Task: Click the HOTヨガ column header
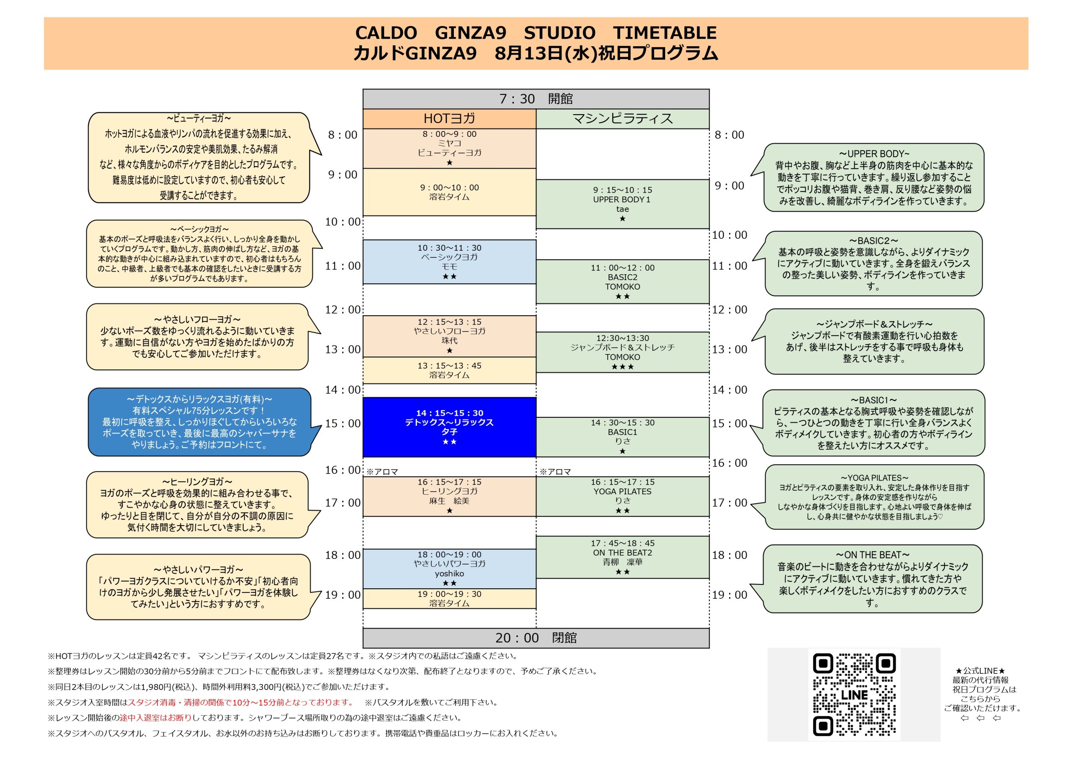[x=449, y=119]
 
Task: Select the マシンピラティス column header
[x=623, y=119]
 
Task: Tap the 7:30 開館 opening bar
[x=536, y=99]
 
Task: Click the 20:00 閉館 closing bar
[x=536, y=638]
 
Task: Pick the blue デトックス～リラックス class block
[x=449, y=427]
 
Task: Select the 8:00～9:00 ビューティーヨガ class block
[x=449, y=149]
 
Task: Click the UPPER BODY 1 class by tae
[x=623, y=204]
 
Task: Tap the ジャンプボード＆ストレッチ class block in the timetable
[x=623, y=353]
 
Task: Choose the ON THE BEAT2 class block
[x=623, y=557]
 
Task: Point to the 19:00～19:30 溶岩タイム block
[x=449, y=599]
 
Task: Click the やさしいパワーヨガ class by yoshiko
[x=449, y=569]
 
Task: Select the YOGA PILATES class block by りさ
[x=623, y=496]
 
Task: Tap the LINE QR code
[x=854, y=694]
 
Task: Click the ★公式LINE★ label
[x=980, y=671]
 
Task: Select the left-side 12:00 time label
[x=343, y=309]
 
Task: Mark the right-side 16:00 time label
[x=729, y=463]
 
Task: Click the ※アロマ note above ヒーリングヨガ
[x=382, y=472]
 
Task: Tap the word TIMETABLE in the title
[x=665, y=33]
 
